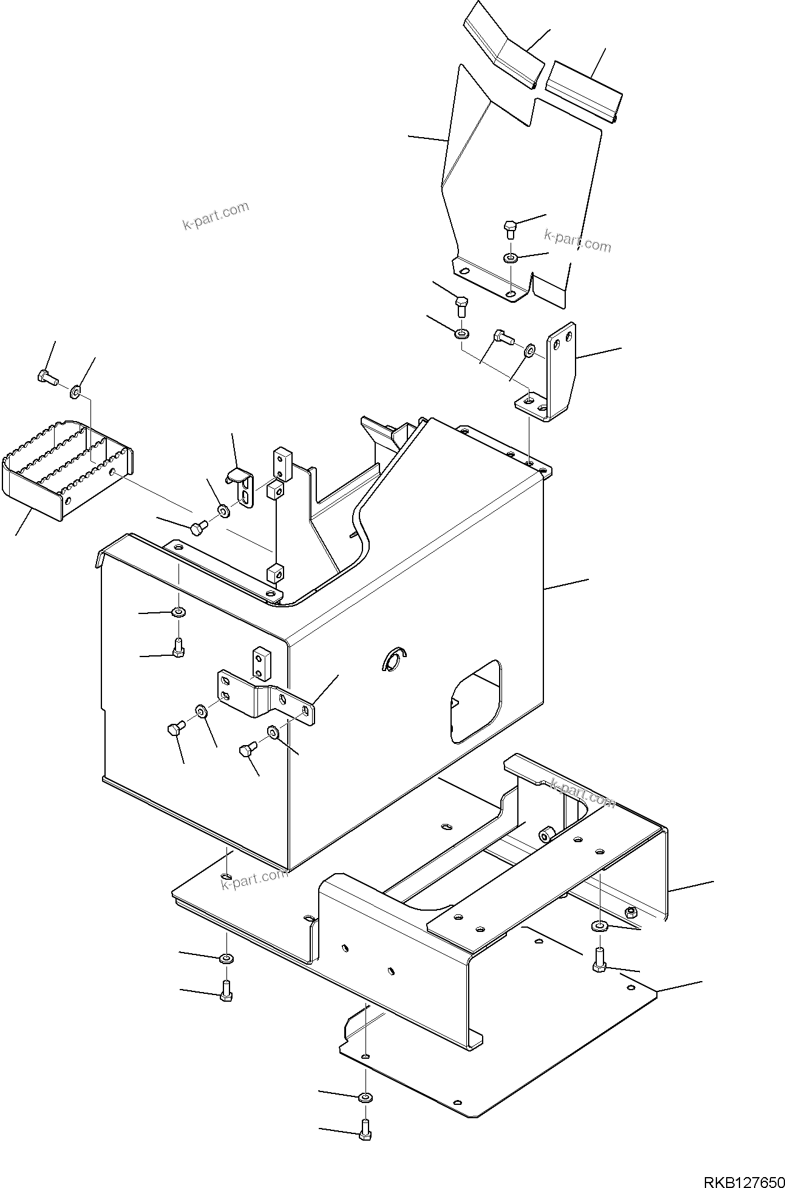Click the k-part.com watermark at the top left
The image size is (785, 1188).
pos(216,217)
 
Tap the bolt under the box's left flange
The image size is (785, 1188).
pos(177,647)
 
